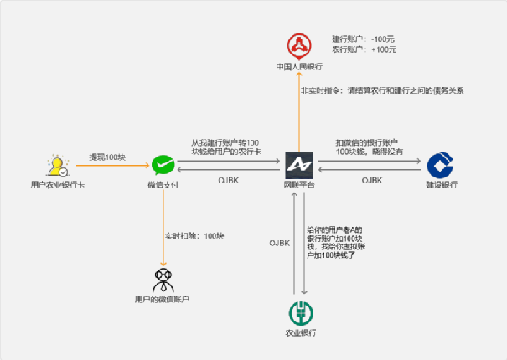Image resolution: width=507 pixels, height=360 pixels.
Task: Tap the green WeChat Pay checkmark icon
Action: pos(162,164)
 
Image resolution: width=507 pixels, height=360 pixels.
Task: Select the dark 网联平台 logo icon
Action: pos(298,164)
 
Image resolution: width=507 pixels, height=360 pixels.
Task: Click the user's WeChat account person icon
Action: pos(162,279)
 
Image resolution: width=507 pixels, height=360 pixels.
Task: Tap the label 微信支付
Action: pos(162,184)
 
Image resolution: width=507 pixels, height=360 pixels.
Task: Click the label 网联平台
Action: pos(298,184)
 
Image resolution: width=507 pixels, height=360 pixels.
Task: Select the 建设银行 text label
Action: pos(440,184)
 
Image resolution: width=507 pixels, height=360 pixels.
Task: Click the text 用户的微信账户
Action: pos(162,299)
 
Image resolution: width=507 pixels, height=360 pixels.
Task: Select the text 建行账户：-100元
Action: pos(364,39)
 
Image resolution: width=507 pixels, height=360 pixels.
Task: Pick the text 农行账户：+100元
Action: pos(364,49)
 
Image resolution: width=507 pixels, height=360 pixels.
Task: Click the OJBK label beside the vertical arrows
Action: pos(279,243)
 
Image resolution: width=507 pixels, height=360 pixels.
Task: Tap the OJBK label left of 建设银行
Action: pos(373,180)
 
